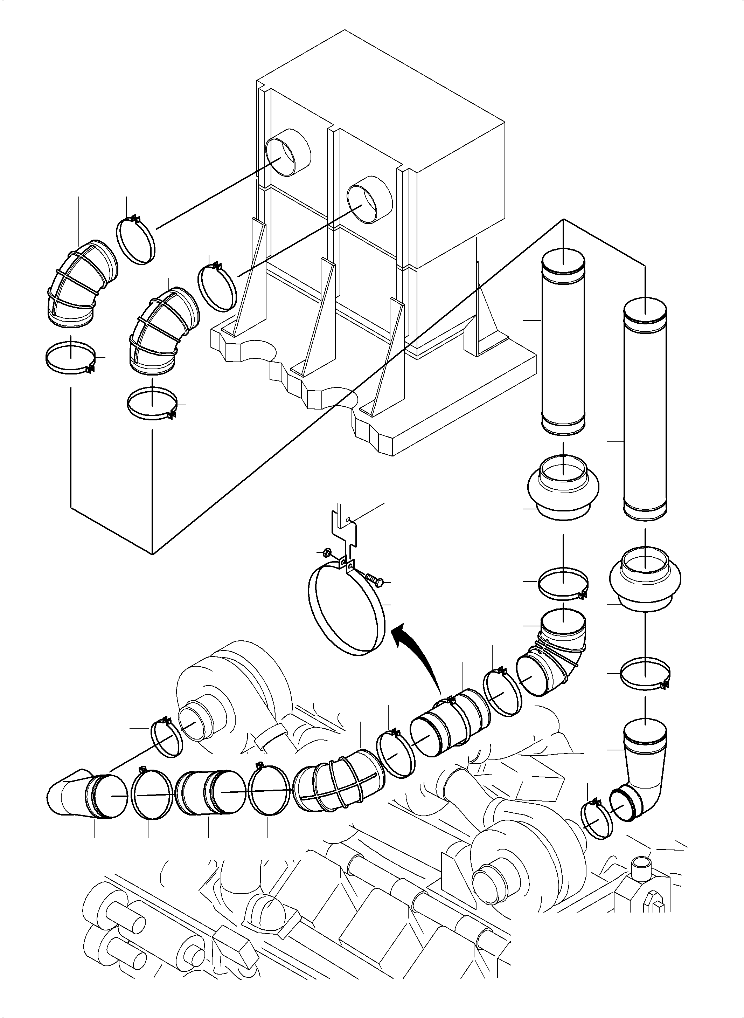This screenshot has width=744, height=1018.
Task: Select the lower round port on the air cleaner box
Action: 369,199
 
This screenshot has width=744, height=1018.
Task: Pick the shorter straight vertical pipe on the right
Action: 563,343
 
